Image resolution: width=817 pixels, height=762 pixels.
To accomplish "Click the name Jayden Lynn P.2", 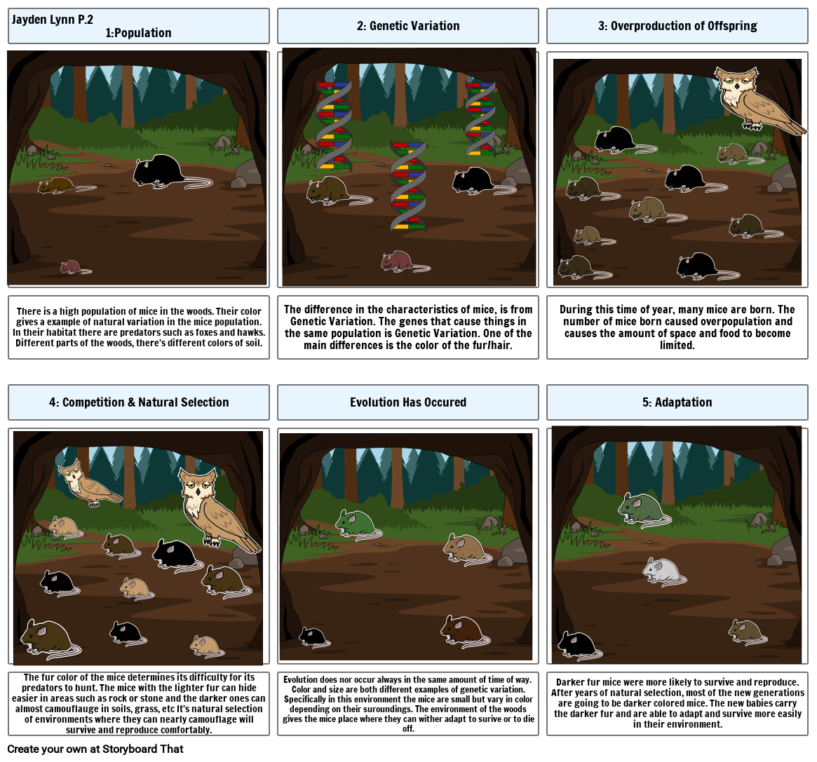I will pos(52,20).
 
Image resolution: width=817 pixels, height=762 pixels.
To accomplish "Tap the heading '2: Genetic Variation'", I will pos(407,26).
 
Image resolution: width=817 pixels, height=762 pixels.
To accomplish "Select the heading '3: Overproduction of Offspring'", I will pos(677,26).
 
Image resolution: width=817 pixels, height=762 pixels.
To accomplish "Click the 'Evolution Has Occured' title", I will pos(407,402).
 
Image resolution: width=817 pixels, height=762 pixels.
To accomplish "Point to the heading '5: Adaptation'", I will pos(677,402).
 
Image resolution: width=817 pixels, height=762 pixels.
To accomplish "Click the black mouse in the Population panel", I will pos(160,170).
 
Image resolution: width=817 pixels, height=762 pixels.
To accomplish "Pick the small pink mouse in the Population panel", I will pos(71,267).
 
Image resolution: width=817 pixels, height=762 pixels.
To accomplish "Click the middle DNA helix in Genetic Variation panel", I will pos(408,186).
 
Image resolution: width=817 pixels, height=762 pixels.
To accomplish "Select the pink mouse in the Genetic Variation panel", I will pos(398,261).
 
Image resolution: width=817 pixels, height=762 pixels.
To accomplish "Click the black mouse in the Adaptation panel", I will pos(576,643).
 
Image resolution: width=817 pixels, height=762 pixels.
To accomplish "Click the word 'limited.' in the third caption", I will pos(677,345).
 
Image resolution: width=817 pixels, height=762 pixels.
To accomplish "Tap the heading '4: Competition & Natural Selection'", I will pos(139,402).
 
